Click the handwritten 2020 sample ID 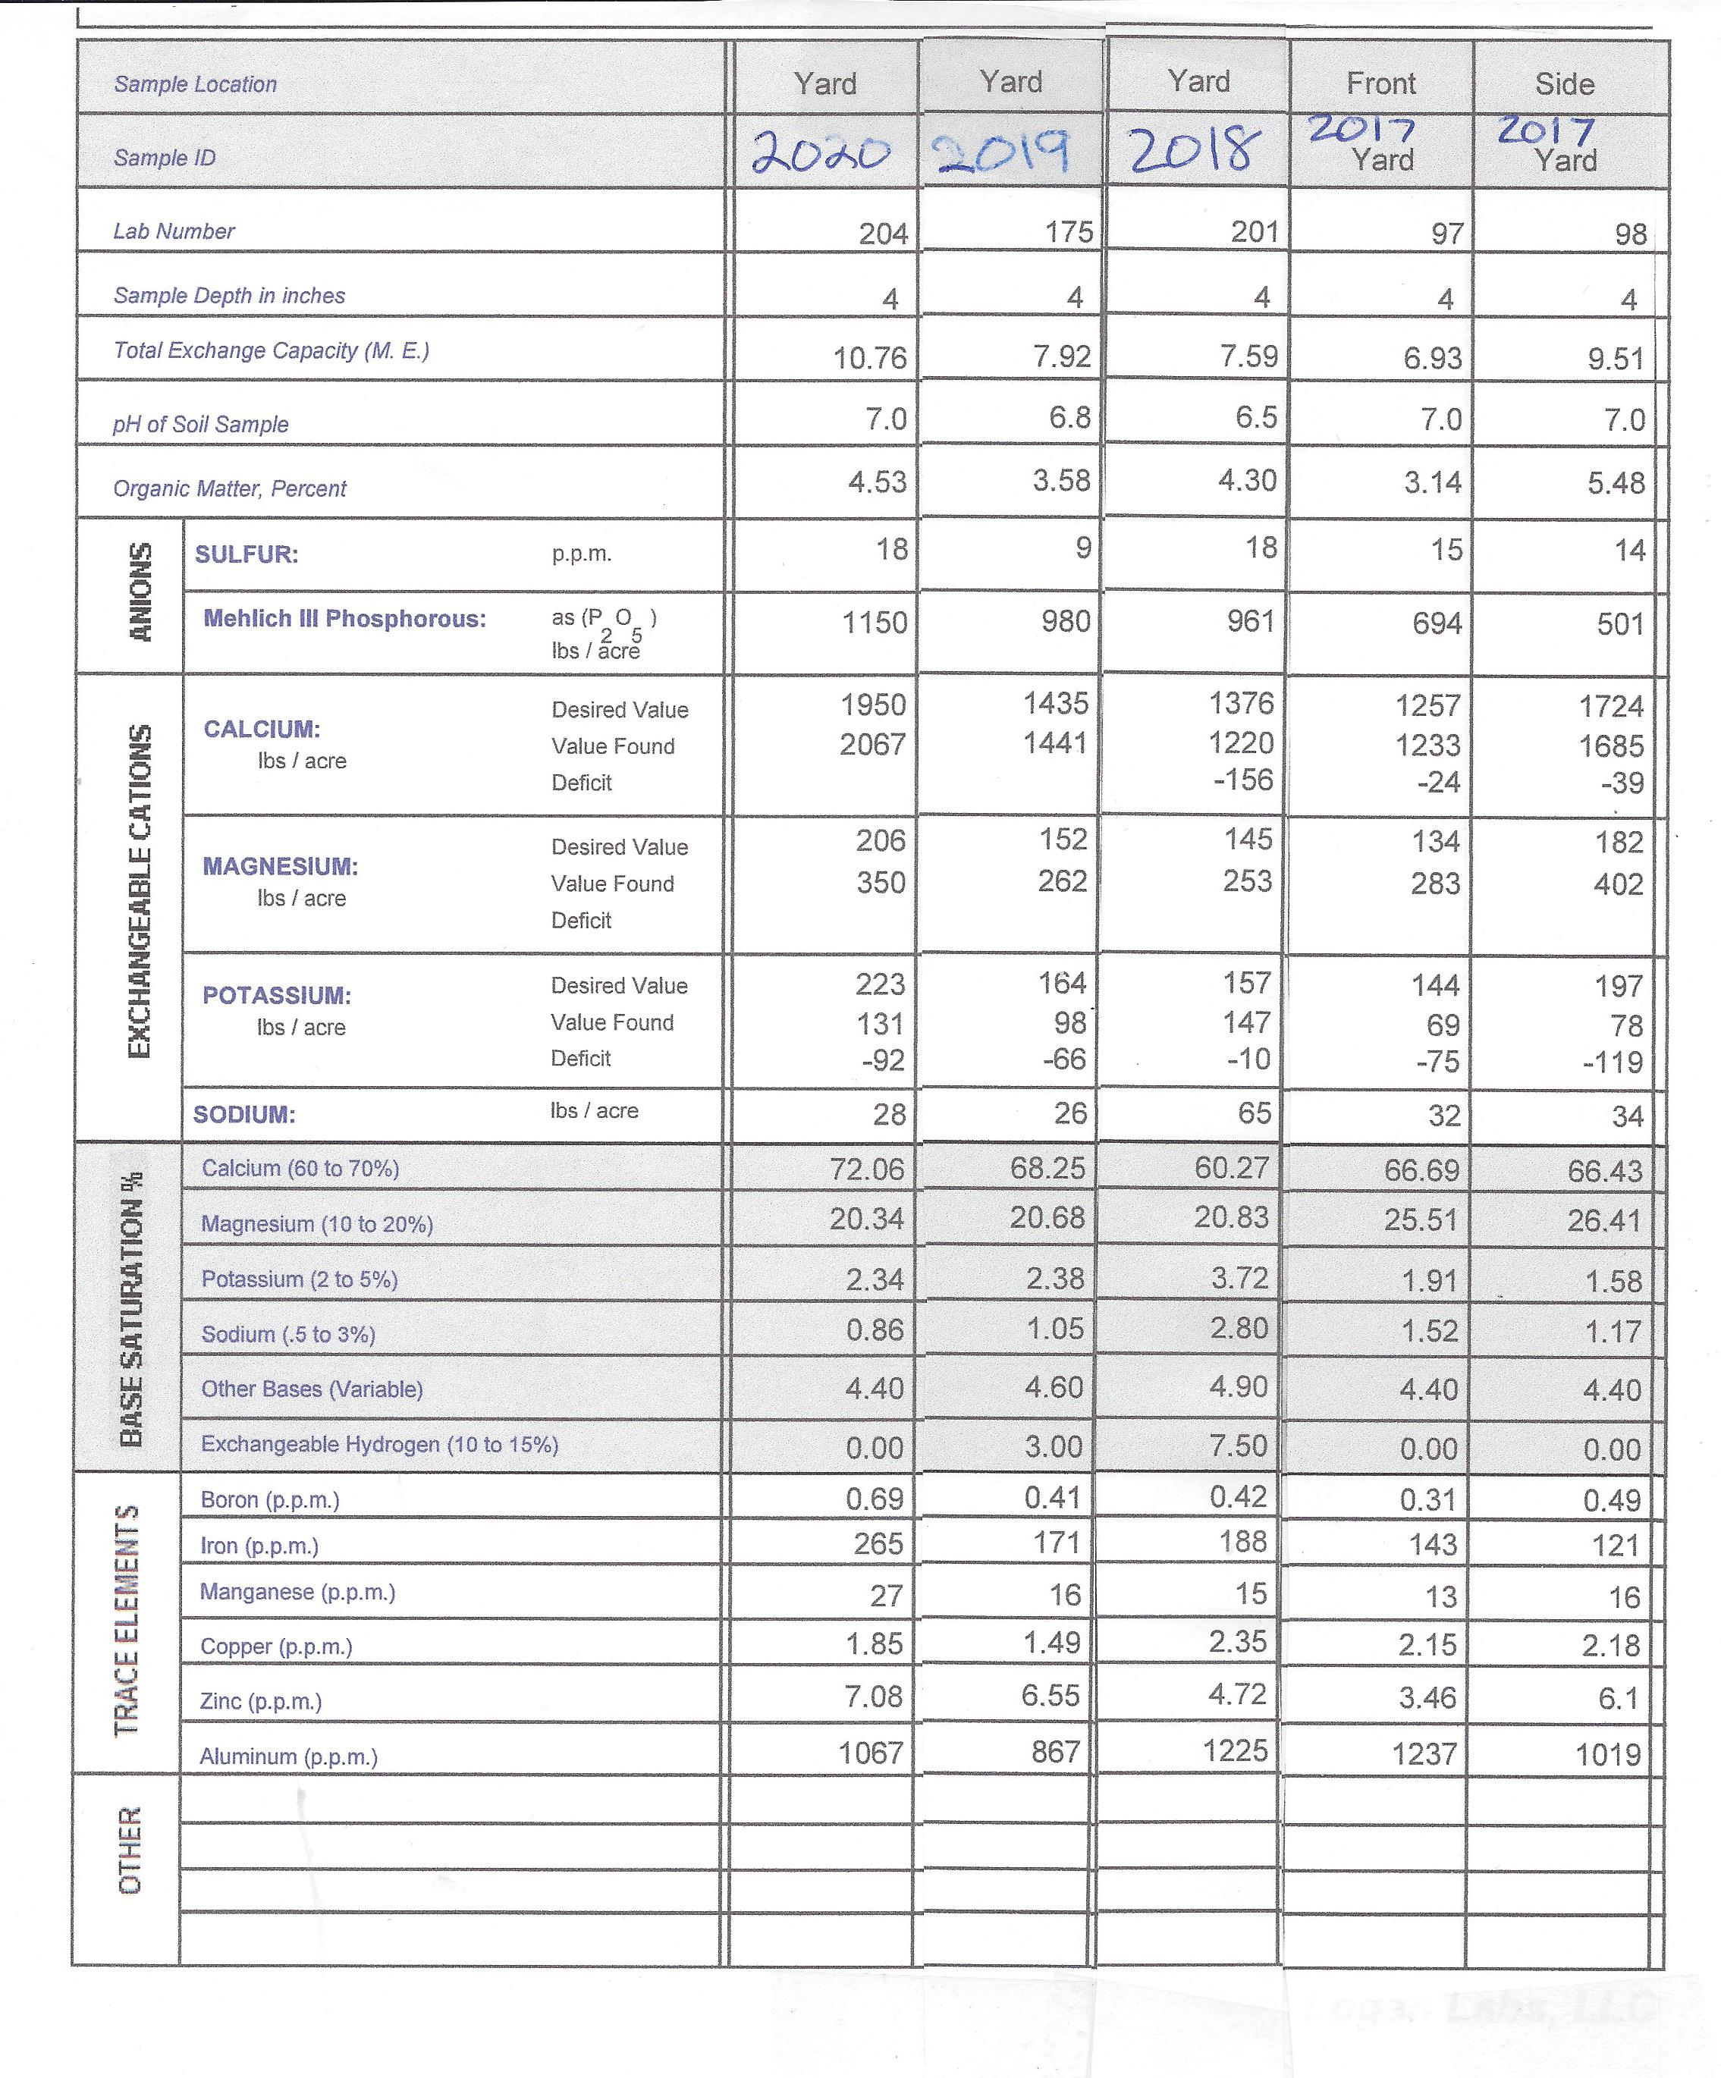(x=821, y=152)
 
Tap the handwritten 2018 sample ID (x=1196, y=152)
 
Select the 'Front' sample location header (x=1380, y=83)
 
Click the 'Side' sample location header (x=1564, y=83)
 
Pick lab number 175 (x=1069, y=231)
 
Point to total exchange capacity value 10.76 (x=869, y=357)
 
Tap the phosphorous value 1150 (x=874, y=623)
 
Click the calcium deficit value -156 (x=1243, y=780)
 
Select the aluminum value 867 (x=1055, y=1751)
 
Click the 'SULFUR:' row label (x=247, y=554)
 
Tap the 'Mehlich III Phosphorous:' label (x=344, y=618)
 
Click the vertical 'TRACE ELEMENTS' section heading (x=127, y=1620)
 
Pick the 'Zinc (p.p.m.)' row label (x=260, y=1701)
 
